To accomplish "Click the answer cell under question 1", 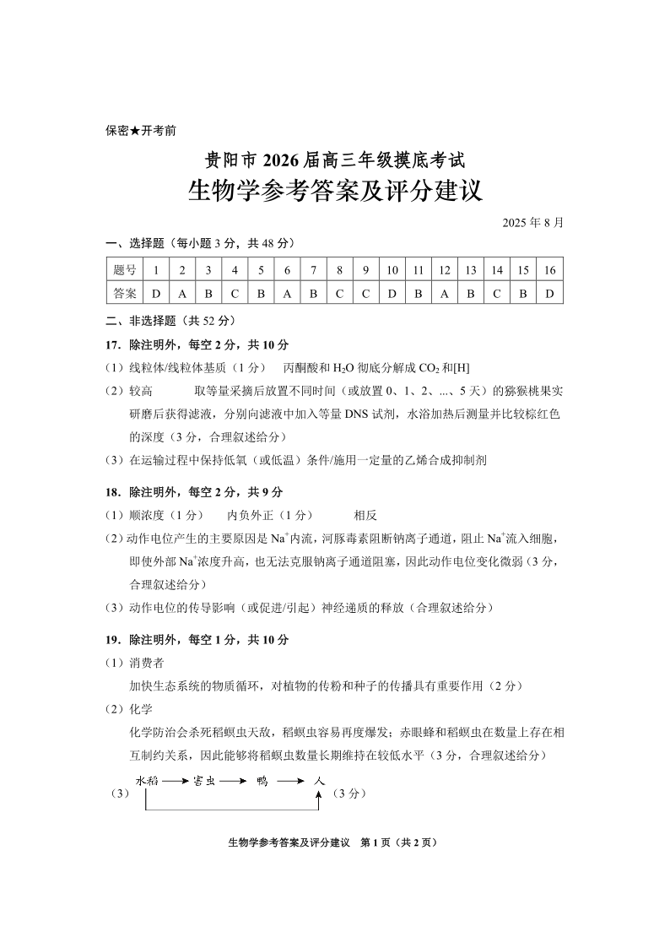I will [156, 294].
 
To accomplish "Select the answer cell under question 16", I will [550, 294].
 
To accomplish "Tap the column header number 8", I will [339, 270].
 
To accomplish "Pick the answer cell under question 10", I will [392, 294].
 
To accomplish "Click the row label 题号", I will [124, 270].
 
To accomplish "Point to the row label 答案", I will [124, 294].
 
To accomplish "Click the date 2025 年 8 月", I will [532, 223].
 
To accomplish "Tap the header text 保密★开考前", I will [141, 130].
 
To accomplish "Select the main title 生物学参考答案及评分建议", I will [335, 189].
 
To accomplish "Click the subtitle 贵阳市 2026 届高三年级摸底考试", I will [335, 158].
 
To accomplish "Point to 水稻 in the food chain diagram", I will [147, 781].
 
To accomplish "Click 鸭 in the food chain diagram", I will [262, 781].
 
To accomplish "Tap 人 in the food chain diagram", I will [318, 781].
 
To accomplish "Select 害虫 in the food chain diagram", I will [205, 781].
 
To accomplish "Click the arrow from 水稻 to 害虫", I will [176, 781].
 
